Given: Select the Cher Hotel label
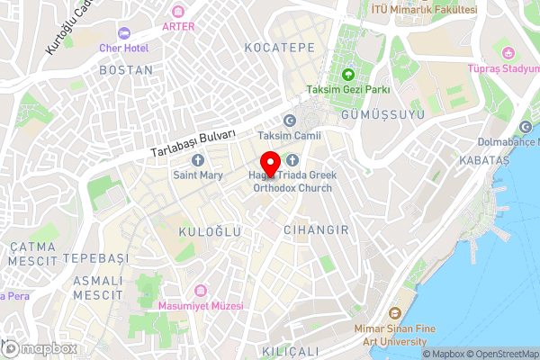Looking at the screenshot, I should [x=123, y=47].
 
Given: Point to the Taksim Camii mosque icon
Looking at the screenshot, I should [x=289, y=121].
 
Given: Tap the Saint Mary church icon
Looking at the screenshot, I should [x=197, y=160].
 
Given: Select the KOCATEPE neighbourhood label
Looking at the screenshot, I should [x=279, y=45].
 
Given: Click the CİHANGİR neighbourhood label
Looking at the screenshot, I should [x=316, y=230].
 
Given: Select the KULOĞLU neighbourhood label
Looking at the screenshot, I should [x=211, y=232].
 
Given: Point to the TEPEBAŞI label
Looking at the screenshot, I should [x=101, y=257].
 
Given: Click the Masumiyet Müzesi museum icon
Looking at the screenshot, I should [x=200, y=291].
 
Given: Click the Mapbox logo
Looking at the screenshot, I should [x=40, y=348].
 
